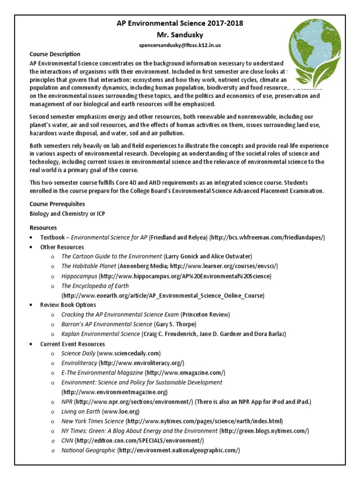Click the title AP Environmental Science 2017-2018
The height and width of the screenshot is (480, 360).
point(180,23)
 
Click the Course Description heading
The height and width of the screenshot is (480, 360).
point(55,54)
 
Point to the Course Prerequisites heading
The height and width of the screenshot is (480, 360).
point(57,204)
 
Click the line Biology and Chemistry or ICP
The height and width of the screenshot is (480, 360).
point(67,214)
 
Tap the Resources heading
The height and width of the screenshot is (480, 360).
point(43,227)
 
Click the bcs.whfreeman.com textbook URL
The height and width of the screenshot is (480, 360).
point(267,238)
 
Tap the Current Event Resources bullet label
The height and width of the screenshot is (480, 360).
point(73,344)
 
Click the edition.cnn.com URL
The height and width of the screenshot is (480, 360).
point(140,441)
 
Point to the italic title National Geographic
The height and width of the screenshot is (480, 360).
point(89,450)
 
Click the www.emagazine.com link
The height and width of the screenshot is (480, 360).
point(185,373)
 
